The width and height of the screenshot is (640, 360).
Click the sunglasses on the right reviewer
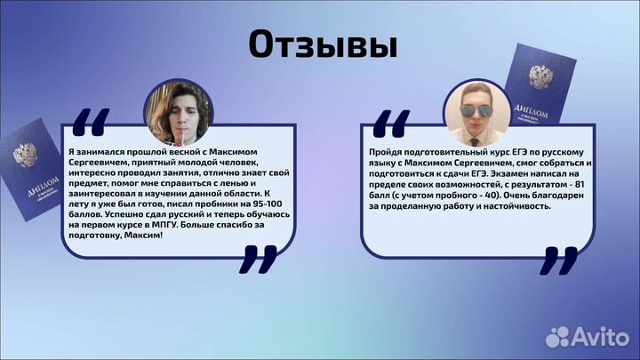coord(476,110)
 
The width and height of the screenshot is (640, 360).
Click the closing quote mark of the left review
coord(258,259)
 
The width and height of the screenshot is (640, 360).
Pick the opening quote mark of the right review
coord(388,122)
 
